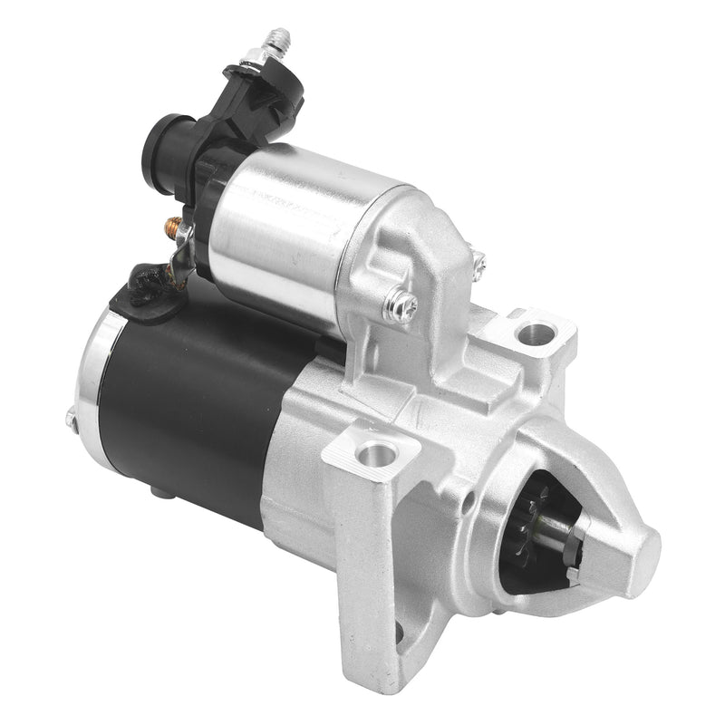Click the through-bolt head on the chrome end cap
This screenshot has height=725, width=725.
71,419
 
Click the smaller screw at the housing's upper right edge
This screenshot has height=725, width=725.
478,262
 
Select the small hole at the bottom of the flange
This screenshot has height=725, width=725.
399,632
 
